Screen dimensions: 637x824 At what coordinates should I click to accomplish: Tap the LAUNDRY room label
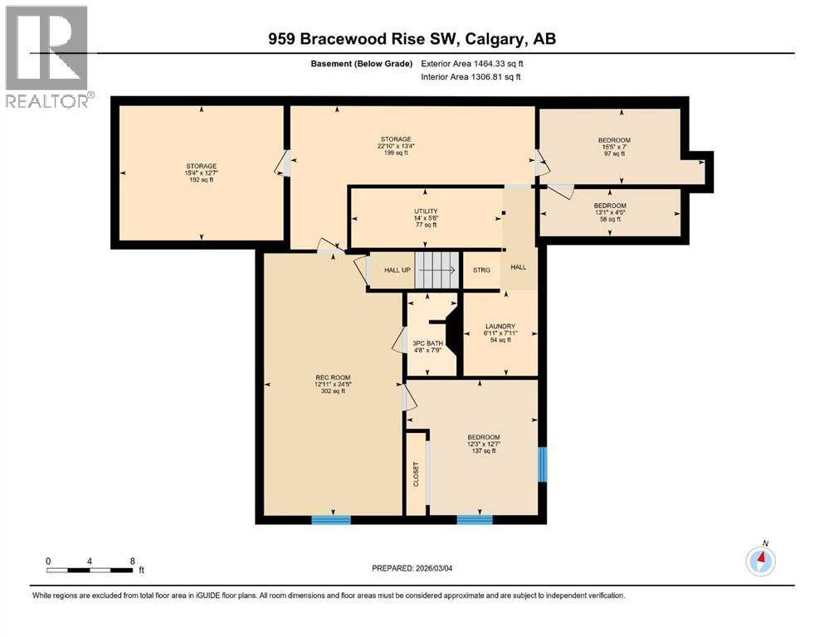500,326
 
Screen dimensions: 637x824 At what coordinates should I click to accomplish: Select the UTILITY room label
426,211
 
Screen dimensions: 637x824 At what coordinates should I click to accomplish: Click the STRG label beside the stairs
481,270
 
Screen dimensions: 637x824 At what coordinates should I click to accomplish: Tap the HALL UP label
399,270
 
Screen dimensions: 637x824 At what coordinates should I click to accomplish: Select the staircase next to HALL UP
436,270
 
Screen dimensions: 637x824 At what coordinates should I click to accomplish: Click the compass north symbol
760,562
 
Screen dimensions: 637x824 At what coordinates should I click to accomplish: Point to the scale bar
90,570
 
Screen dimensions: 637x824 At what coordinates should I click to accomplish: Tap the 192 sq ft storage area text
201,179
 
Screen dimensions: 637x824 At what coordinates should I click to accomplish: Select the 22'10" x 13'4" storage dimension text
396,146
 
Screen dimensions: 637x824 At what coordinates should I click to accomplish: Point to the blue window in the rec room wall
331,520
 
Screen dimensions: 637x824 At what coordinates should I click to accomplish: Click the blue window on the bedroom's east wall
543,464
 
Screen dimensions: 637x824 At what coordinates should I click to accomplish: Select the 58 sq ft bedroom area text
610,219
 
